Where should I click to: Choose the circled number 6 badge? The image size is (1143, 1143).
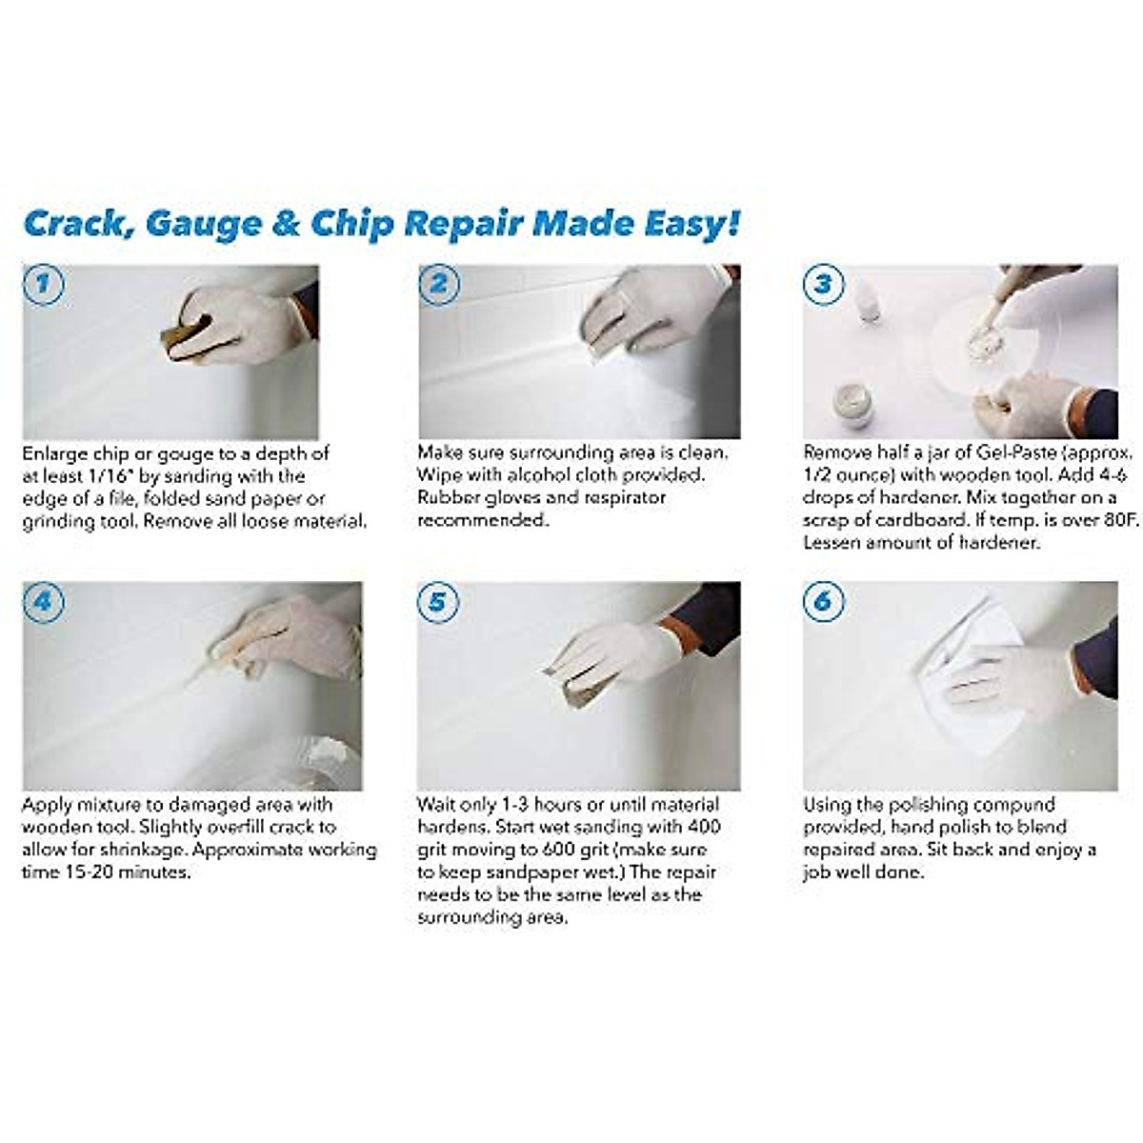tap(823, 602)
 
